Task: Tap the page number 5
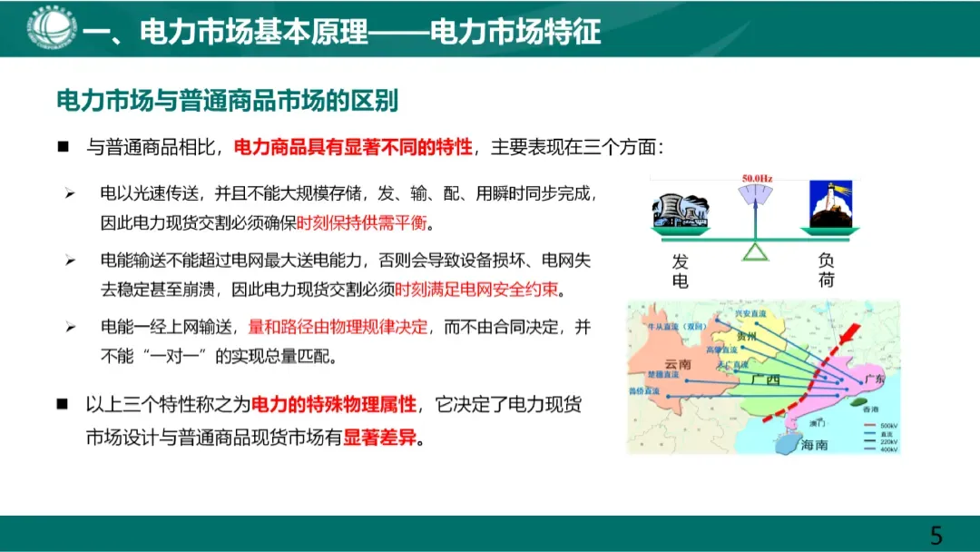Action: (x=936, y=535)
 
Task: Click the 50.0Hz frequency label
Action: (x=757, y=179)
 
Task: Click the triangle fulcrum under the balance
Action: (x=755, y=251)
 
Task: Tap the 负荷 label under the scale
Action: (x=827, y=271)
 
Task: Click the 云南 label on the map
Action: (x=678, y=364)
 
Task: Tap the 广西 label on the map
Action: (x=766, y=379)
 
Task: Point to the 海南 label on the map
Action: (x=815, y=444)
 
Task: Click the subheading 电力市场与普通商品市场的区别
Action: (x=228, y=101)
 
